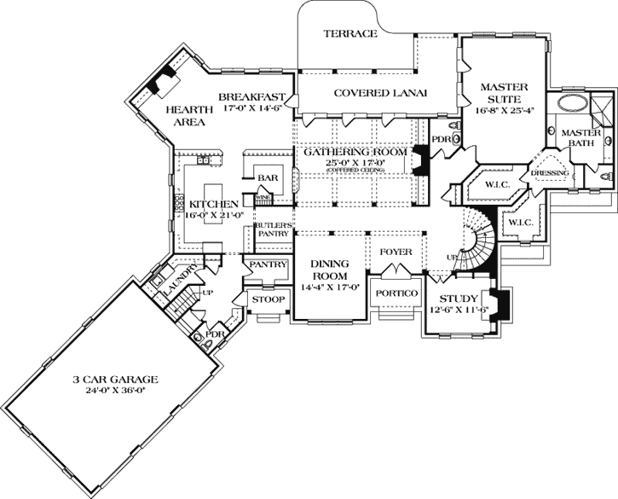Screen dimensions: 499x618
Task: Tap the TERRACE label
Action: pos(349,34)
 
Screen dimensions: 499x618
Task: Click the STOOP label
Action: pos(266,300)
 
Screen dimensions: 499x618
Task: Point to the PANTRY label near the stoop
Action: pos(266,266)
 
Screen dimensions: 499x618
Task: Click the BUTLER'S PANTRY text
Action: pos(274,230)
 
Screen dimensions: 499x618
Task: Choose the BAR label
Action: pos(267,177)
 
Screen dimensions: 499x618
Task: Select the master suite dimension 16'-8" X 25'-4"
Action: pos(505,109)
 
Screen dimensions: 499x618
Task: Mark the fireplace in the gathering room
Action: pos(420,161)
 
